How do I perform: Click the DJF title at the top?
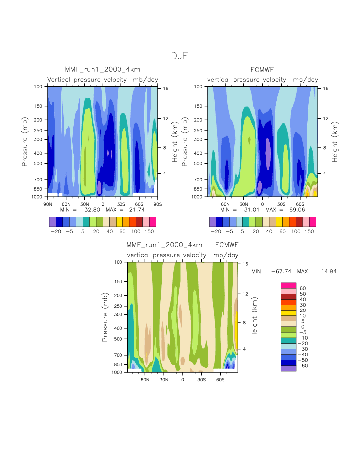(179, 56)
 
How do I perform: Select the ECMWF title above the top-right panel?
(263, 69)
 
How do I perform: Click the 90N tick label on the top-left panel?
(48, 204)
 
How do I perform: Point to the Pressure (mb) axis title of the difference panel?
(105, 317)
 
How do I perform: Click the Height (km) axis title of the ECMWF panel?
(335, 142)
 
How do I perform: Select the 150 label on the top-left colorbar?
(149, 232)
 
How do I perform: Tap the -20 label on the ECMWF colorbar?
(216, 232)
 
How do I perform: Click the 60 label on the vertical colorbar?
(302, 288)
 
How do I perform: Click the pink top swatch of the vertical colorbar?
(288, 285)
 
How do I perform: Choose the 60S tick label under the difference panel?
(220, 379)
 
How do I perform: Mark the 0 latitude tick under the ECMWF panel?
(262, 204)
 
